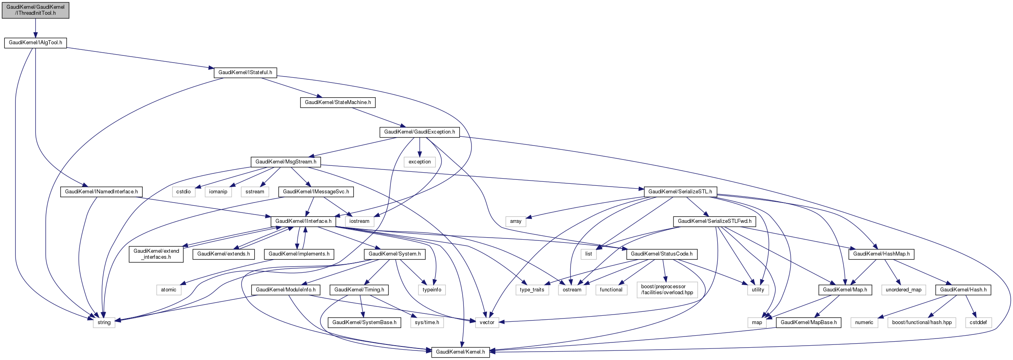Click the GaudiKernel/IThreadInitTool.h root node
[x=35, y=10]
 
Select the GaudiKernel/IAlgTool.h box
[x=35, y=43]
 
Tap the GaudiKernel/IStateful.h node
[x=245, y=73]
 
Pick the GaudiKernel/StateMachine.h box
[x=338, y=102]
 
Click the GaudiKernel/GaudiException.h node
[x=419, y=132]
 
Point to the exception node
[x=419, y=162]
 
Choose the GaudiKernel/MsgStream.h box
[x=286, y=162]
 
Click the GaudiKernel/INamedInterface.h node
[x=101, y=192]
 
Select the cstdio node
[x=183, y=192]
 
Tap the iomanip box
[x=218, y=192]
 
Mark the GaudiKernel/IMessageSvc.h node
[x=316, y=192]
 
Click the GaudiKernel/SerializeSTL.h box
[x=680, y=192]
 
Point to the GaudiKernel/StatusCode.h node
[x=662, y=254]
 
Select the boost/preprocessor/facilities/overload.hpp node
[x=667, y=289]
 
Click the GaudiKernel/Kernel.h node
[x=460, y=352]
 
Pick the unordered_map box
[x=903, y=290]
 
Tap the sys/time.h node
[x=427, y=323]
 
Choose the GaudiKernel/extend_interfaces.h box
[x=156, y=254]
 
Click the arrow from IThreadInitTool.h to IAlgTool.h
[x=35, y=28]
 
